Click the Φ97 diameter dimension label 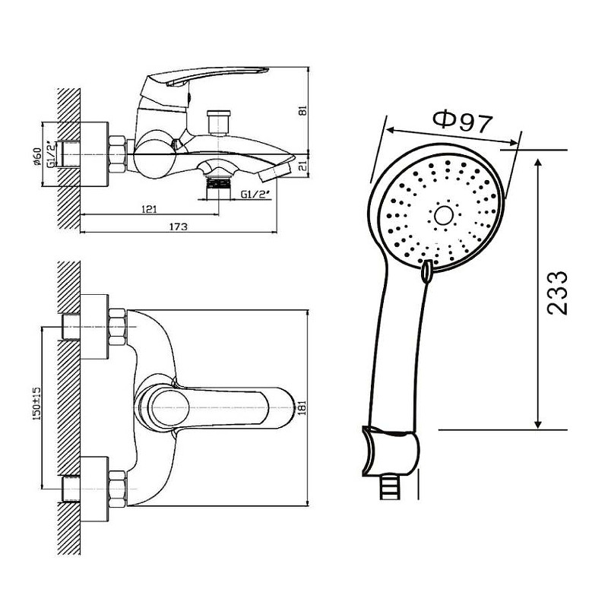coord(463,122)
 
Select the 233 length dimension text coord(557,293)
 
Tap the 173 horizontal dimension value coord(178,226)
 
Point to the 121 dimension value coord(149,210)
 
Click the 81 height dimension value coord(303,110)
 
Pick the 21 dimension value coord(303,167)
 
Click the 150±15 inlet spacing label coord(36,404)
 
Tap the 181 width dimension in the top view coord(303,407)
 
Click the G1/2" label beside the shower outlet coord(255,195)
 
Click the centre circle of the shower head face coord(444,216)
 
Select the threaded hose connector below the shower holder coord(390,487)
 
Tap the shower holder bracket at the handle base coord(391,451)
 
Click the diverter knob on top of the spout coord(219,122)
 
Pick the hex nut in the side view coord(118,154)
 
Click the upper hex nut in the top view coord(118,328)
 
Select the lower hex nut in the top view coord(118,489)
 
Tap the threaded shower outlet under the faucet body coord(219,188)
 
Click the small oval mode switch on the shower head coord(426,271)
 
